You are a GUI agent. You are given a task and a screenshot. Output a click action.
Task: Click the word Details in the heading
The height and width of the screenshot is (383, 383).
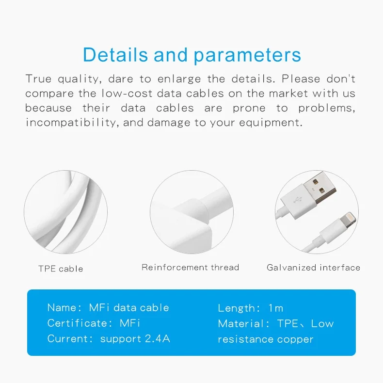coord(115,55)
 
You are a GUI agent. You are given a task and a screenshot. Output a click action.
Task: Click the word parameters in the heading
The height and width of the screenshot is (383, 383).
coord(247,56)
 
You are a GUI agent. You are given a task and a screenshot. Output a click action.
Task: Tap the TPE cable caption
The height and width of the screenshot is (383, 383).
coord(61,269)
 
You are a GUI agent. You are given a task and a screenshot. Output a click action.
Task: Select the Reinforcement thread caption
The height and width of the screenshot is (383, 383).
coord(190,267)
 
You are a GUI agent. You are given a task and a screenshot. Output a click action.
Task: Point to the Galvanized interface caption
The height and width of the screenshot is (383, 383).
coord(313,267)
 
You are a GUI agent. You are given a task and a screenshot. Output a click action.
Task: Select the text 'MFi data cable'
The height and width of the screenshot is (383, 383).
coord(129,307)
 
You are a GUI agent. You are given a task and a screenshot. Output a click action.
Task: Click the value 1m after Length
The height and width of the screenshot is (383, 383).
coord(275,308)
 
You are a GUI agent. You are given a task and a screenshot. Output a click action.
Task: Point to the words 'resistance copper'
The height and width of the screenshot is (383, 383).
coord(265,339)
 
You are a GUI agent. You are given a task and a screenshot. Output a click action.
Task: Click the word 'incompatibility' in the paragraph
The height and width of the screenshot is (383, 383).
coord(71,122)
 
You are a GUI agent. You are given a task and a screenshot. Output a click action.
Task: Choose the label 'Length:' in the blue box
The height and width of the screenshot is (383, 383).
coord(239,308)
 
